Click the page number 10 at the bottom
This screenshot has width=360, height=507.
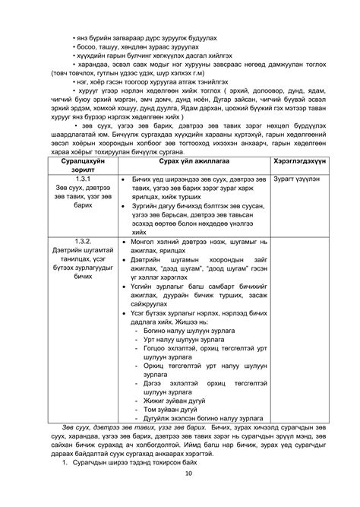(x=180, y=495)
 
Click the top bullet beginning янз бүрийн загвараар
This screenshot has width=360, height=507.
(x=140, y=14)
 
